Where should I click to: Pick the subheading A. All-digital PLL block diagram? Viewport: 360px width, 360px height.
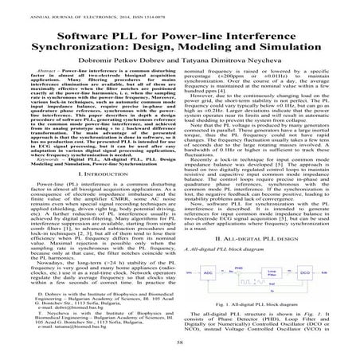(x=232, y=250)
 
